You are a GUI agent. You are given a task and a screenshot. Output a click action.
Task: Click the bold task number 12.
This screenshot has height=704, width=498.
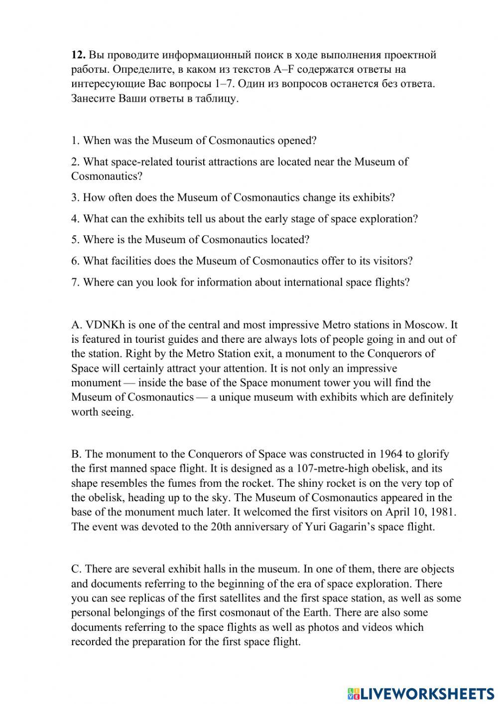click(x=78, y=55)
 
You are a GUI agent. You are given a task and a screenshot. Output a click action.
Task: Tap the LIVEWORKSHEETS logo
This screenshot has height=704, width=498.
click(x=420, y=693)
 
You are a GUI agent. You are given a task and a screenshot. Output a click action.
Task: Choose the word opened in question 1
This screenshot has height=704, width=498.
click(x=296, y=141)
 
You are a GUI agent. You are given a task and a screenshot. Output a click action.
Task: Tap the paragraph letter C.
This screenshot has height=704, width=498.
click(x=76, y=569)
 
